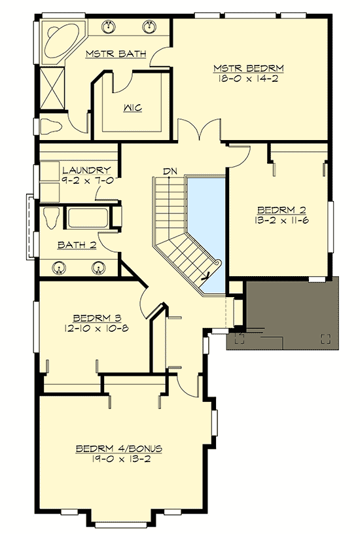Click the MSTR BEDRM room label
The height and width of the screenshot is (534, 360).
[x=248, y=68]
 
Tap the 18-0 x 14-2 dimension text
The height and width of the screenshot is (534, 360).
[x=248, y=79]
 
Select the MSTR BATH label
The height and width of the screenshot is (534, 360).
[x=115, y=54]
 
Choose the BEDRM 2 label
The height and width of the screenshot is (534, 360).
[x=281, y=210]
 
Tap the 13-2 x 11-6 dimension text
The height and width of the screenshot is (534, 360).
[x=281, y=221]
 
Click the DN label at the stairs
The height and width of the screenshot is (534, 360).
[x=170, y=171]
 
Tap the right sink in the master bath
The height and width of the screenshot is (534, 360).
[x=151, y=27]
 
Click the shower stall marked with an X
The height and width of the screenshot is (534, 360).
[x=50, y=86]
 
